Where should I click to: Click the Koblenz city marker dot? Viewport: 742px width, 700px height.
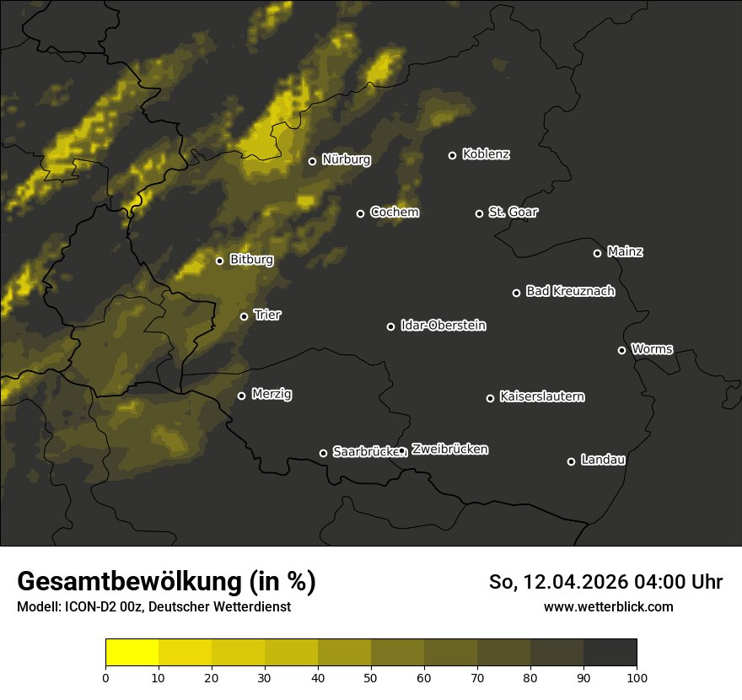pos(452,155)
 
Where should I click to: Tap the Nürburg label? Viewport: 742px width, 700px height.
pos(346,159)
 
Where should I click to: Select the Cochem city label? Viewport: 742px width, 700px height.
pos(394,213)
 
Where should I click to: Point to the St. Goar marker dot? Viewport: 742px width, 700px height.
pos(479,213)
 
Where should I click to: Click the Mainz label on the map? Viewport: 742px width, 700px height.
pos(625,252)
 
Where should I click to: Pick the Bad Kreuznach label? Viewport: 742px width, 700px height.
pos(570,292)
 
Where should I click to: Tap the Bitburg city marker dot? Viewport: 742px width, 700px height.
pos(219,261)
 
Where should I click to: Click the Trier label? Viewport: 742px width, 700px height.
pos(267,315)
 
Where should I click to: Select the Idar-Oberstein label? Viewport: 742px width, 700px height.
pos(443,326)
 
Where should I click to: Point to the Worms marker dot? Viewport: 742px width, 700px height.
pos(621,350)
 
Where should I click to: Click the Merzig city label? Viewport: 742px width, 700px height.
pos(272,395)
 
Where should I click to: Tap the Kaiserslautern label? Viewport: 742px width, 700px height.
pos(541,396)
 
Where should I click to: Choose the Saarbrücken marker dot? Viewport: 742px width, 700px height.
pos(323,453)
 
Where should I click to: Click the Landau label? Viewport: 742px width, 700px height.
pos(603,460)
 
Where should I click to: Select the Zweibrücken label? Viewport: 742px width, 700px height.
pos(449,450)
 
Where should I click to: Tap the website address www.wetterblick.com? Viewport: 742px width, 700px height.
pos(608,606)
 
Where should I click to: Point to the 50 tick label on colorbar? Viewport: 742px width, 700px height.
pos(371,676)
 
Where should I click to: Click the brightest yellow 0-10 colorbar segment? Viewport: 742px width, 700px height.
pos(132,653)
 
